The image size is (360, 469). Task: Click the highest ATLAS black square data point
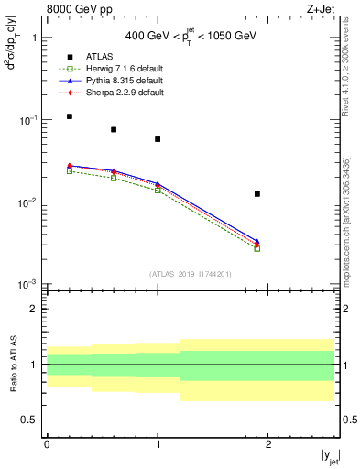click(x=70, y=116)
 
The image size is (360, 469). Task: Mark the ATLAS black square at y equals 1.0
click(x=158, y=139)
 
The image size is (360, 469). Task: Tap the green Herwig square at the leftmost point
click(x=70, y=171)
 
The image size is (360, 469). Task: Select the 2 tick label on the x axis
click(x=268, y=443)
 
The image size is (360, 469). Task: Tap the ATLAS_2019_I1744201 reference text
click(x=191, y=274)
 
